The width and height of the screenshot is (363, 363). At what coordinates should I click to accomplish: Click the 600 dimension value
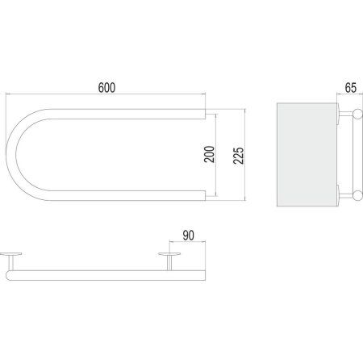pos(106,88)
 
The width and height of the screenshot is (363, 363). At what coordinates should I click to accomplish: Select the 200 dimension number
pos(210,154)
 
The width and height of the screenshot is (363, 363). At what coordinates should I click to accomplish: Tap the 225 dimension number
pos(239,156)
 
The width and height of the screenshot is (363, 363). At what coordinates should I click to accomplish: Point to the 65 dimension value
pos(351,88)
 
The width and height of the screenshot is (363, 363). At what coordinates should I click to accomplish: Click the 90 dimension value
pos(188,236)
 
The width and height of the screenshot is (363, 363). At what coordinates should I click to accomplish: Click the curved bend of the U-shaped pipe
pos(11,155)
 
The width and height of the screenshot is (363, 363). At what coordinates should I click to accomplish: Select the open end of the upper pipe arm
pos(205,114)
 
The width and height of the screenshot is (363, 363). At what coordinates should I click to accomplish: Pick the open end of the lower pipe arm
pos(205,196)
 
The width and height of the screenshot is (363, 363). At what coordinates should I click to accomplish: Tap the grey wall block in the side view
pos(307,155)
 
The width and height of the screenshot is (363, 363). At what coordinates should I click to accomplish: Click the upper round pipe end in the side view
pos(357,114)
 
